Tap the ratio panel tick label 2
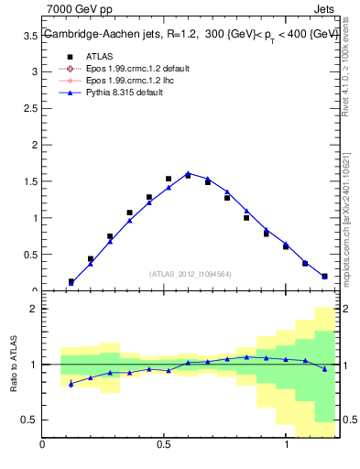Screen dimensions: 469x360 click(33, 309)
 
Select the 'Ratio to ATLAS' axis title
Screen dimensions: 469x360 click(12, 365)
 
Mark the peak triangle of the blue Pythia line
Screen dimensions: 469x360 click(188, 172)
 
